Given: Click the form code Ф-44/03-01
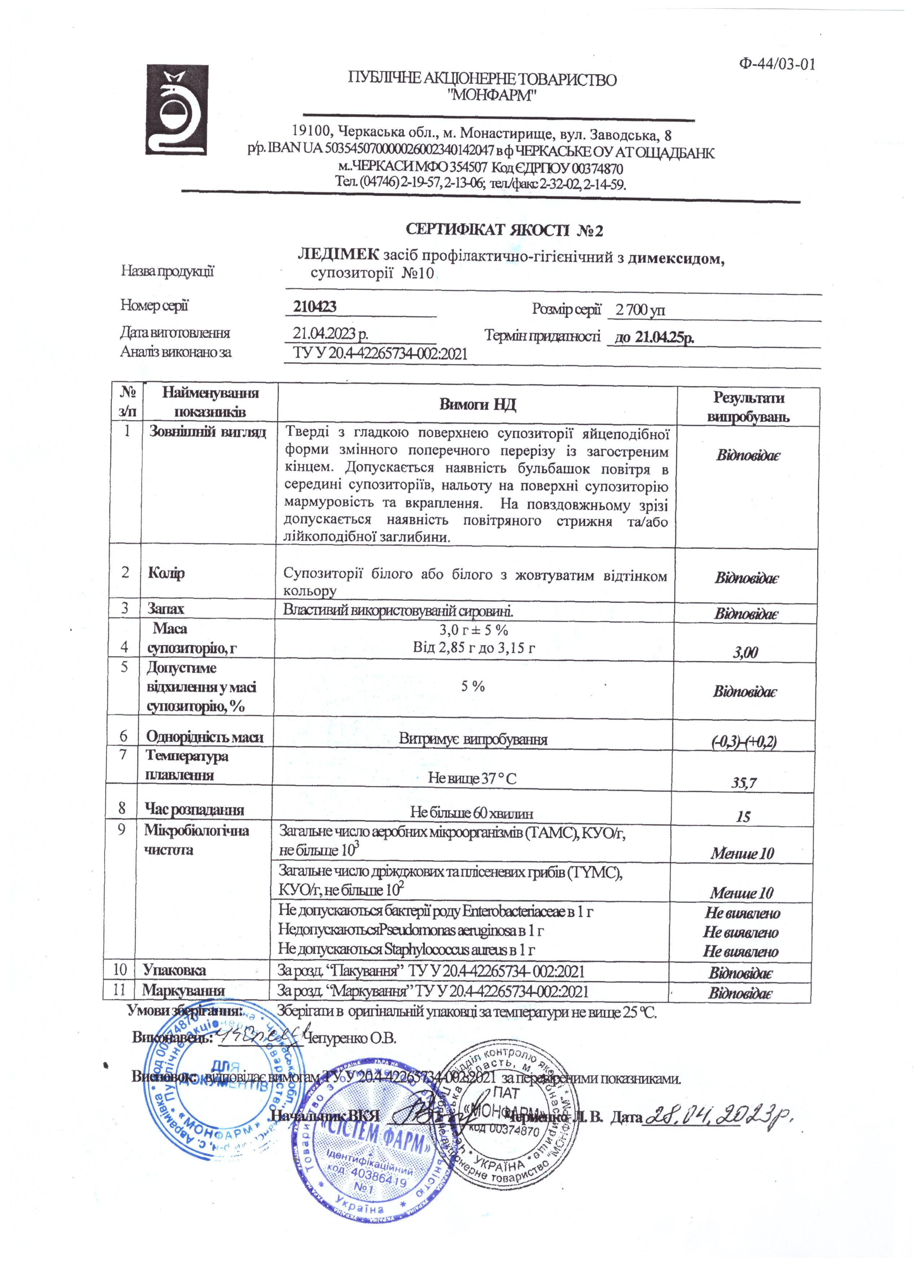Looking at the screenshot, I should coord(777,64).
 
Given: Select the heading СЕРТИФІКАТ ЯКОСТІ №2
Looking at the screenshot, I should coord(504,230).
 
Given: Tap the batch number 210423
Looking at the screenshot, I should coord(315,307).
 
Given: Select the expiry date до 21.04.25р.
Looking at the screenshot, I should coord(654,337).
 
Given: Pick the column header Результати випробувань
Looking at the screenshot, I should coord(748,407).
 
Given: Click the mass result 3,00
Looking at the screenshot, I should coord(746,652).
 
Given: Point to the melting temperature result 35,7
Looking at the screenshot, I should coord(744,783).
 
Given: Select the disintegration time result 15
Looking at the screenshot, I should coord(743,817).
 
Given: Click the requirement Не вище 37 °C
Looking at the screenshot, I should coord(472,778).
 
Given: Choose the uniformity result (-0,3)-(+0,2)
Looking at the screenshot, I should coord(744,742).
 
